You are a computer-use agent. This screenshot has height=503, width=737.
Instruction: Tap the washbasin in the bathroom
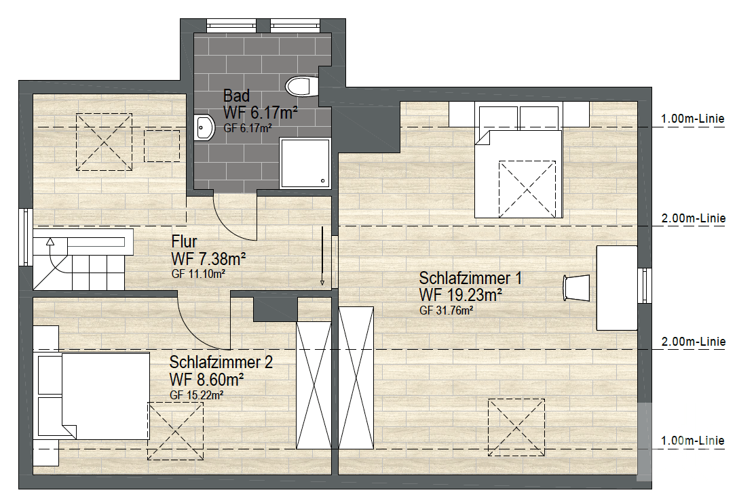tap(204, 127)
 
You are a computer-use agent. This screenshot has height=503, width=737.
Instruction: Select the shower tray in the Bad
tap(305, 163)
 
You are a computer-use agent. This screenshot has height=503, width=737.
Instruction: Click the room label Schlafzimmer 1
tap(470, 279)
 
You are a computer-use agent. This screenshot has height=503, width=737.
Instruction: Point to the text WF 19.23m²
tap(461, 295)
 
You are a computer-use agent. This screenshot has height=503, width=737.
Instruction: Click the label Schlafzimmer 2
tap(221, 363)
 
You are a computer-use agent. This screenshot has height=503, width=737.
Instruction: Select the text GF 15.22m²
tap(197, 395)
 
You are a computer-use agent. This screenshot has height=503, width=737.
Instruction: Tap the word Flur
tap(185, 241)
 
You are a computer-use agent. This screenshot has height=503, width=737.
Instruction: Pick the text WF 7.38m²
tap(209, 258)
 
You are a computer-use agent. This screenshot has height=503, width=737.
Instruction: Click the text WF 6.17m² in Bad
tap(261, 112)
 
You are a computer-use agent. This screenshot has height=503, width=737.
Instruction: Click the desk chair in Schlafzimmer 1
tap(576, 287)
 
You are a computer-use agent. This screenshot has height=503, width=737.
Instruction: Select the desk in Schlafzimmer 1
tap(616, 288)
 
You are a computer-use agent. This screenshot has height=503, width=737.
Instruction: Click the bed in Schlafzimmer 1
tap(518, 172)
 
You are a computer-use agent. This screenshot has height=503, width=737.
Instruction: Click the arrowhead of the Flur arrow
tap(322, 283)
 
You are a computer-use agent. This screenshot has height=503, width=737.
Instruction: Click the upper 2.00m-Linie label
tap(693, 219)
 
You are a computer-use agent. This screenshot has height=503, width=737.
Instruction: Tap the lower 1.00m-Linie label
tap(693, 441)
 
